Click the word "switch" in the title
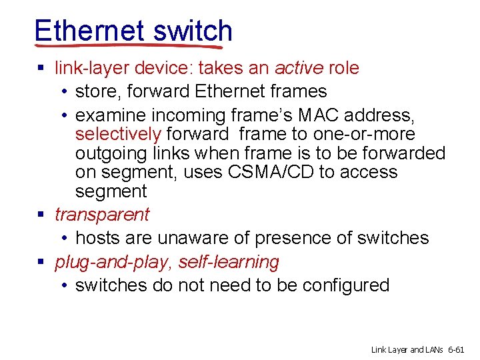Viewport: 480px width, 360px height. coord(193,31)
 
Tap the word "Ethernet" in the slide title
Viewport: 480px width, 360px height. coord(90,31)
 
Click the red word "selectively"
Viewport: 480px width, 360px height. coord(118,135)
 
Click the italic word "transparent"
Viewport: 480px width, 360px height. coord(102,215)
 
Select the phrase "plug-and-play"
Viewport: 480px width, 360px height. coord(114,262)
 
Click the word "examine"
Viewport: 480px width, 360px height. coord(109,116)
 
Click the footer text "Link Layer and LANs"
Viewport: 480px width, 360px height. coord(409,349)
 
